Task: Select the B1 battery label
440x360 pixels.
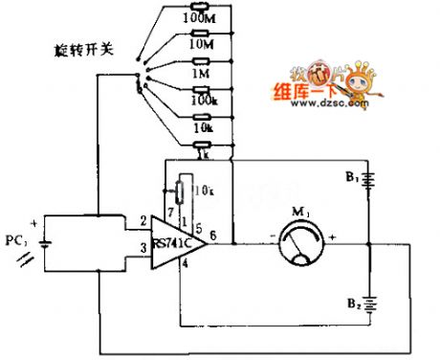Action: (x=355, y=178)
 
